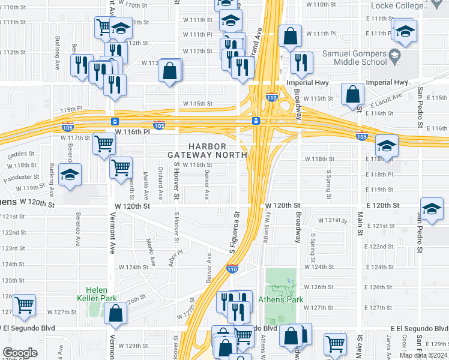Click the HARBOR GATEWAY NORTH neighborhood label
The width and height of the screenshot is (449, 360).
pos(207,151)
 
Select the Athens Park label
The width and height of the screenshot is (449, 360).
pos(280,299)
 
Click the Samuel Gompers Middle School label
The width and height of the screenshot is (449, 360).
pos(354,58)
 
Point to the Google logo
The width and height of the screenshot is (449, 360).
pos(19,353)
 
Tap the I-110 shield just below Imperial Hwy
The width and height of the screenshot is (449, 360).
pos(271,98)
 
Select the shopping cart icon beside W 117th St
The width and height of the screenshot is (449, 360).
pos(104,145)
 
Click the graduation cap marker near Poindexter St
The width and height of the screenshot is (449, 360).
pos(70,176)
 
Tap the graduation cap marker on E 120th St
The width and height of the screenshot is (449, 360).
pos(432,209)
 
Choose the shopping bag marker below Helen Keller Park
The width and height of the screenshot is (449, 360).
pos(115,313)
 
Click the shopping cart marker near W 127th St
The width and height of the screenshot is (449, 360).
pos(24,305)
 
